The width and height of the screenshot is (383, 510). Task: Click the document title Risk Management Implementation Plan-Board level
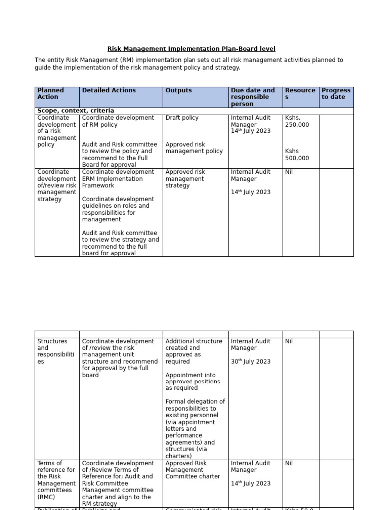pyautogui.click(x=191, y=49)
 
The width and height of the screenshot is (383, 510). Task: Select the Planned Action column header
pyautogui.click(x=51, y=94)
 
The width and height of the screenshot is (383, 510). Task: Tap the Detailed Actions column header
pyautogui.click(x=109, y=90)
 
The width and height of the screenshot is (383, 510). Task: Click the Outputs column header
pyautogui.click(x=178, y=90)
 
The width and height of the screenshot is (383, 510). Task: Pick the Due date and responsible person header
pyautogui.click(x=253, y=97)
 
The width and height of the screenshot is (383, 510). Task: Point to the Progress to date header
pyautogui.click(x=336, y=94)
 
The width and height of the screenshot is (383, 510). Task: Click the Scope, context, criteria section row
pyautogui.click(x=76, y=111)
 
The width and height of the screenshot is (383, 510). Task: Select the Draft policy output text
pyautogui.click(x=182, y=118)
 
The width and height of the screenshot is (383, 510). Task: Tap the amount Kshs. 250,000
pyautogui.click(x=297, y=121)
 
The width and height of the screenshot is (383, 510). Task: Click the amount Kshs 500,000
pyautogui.click(x=297, y=155)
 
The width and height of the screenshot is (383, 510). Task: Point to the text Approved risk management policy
pyautogui.click(x=194, y=148)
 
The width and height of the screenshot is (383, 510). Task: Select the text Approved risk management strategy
pyautogui.click(x=185, y=179)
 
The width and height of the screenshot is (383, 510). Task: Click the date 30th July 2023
pyautogui.click(x=250, y=361)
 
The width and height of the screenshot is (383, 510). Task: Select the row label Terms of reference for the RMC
pyautogui.click(x=56, y=480)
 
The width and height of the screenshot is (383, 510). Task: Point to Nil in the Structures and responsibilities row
pyautogui.click(x=289, y=341)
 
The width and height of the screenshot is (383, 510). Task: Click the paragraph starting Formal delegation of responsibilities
pyautogui.click(x=195, y=428)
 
